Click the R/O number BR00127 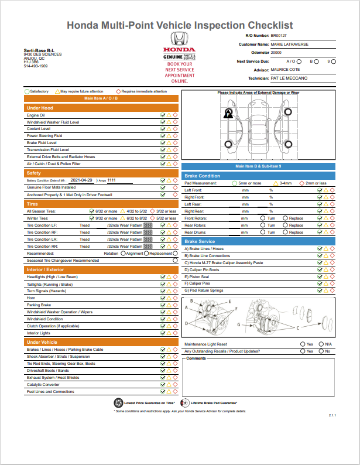[279, 36]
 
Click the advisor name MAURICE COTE [287, 69]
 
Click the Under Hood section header [40, 108]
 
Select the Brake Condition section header [202, 176]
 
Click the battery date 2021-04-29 [82, 180]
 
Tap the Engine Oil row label [36, 115]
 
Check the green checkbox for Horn [163, 298]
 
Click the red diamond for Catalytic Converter [175, 385]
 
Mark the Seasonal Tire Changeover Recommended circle [175, 260]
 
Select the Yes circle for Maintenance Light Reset [303, 344]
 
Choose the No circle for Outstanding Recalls [321, 351]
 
